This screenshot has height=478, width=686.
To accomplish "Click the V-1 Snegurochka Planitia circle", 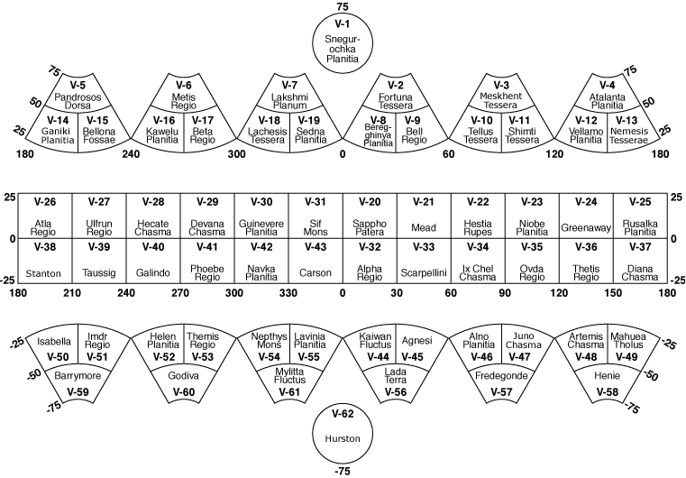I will click(343, 43).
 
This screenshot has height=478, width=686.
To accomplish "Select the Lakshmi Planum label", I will click(290, 100).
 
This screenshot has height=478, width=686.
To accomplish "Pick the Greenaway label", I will click(586, 227).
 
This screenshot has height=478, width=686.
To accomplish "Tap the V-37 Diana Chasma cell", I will click(640, 262).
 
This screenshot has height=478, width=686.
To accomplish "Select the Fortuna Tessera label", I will click(397, 100).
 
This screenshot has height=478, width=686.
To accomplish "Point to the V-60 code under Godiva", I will click(183, 392).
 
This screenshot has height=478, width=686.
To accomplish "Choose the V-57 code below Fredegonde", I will click(503, 392).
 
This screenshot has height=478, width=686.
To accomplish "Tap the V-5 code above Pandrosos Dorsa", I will click(78, 85).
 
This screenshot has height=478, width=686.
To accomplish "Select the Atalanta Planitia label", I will click(608, 100).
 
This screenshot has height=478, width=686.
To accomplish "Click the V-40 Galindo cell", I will click(153, 262).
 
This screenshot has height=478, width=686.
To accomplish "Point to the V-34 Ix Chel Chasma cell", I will click(478, 262).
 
